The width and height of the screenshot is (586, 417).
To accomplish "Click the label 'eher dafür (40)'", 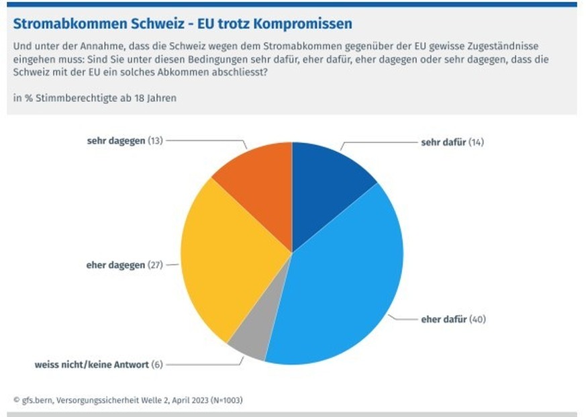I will click(x=452, y=319).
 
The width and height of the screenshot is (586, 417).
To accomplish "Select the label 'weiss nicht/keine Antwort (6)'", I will click(x=98, y=365).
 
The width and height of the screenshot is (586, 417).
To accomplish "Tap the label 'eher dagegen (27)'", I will click(x=125, y=265).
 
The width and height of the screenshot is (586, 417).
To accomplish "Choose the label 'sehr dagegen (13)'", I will click(x=125, y=141).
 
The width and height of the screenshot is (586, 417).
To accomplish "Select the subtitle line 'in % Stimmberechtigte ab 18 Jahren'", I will click(x=95, y=98).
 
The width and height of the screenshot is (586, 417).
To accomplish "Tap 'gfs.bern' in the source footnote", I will click(x=38, y=400).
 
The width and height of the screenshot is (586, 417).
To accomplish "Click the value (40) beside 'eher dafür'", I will click(x=477, y=319).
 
